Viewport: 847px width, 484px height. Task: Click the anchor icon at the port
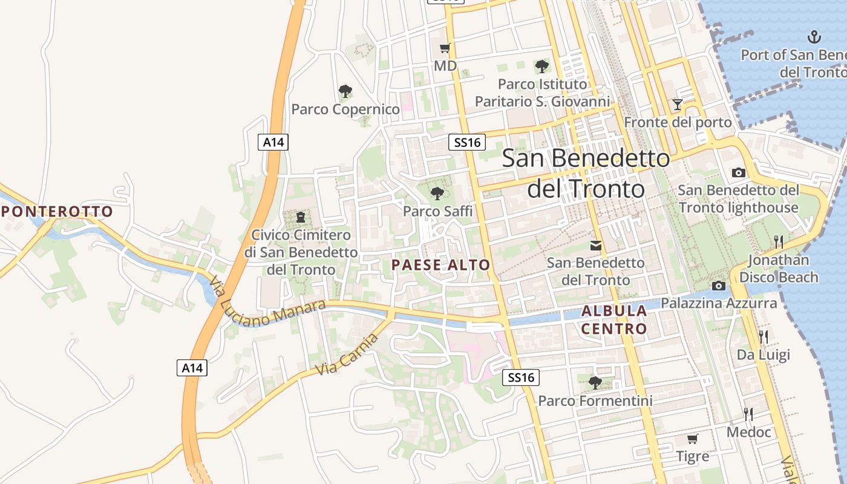point(815,37)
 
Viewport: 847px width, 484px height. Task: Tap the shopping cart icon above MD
point(445,48)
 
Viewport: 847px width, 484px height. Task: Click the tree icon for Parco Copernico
point(345,92)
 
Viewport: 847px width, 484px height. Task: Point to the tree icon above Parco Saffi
point(437,194)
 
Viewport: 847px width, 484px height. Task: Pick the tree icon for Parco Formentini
point(595,382)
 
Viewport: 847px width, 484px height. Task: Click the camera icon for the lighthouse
point(738,173)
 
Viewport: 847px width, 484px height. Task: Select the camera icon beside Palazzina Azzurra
point(719,286)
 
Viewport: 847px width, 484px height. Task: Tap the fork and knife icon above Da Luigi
point(764,337)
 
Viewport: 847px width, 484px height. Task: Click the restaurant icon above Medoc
point(749,414)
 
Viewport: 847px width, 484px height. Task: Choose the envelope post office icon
point(596,246)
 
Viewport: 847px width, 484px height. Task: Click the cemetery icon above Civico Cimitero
point(301,217)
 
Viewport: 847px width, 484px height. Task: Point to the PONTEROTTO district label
point(57,212)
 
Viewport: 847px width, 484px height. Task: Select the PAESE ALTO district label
point(440,265)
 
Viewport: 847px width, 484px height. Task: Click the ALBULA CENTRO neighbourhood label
point(614,320)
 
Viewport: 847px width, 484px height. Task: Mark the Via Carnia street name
point(347,355)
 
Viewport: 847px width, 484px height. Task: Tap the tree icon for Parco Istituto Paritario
point(542,66)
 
